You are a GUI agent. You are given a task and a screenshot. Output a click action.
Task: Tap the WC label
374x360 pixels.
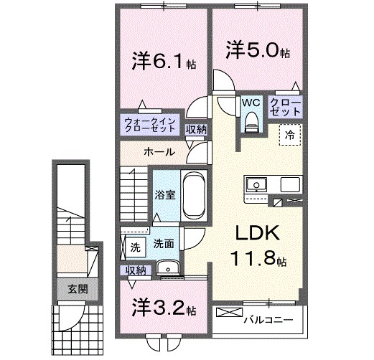pos(250,103)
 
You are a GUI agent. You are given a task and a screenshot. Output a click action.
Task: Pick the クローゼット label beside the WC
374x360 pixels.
pos(286,108)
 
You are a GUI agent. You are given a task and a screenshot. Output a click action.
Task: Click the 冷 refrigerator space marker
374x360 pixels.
pos(291,134)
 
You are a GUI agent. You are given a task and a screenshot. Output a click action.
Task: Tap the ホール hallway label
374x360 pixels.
pos(158,152)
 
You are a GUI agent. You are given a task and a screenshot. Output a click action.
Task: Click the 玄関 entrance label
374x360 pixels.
pos(78,290)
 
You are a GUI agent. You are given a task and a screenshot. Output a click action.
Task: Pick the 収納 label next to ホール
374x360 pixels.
pos(196,130)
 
